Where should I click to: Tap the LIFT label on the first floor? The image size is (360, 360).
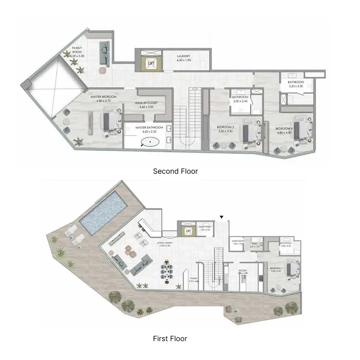(x=189, y=232)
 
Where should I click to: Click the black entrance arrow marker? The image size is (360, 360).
(x=221, y=217)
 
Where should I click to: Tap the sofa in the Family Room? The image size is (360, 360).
(x=104, y=54)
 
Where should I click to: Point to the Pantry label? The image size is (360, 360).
(x=194, y=278)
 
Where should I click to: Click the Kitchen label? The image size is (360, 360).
(x=243, y=270)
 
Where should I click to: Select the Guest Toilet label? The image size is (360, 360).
(x=205, y=227)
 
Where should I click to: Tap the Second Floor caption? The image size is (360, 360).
(x=175, y=171)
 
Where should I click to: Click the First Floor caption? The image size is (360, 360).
(x=170, y=338)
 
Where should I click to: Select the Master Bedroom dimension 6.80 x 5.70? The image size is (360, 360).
(x=103, y=101)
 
